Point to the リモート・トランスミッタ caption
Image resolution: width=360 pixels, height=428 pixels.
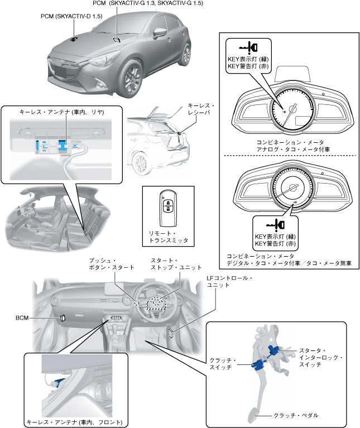[x=169, y=237]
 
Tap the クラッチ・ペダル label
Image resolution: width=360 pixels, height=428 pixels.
[x=296, y=415]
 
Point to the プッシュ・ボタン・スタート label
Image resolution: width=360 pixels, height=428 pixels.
[x=112, y=264]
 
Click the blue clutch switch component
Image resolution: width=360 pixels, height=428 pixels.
[x=258, y=366]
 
